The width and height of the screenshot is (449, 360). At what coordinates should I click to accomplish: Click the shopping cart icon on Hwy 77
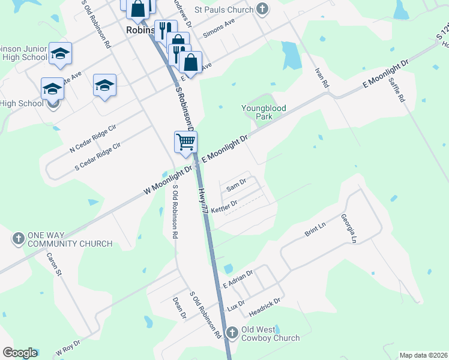(x=186, y=142)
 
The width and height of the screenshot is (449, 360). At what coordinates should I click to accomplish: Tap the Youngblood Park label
(x=264, y=112)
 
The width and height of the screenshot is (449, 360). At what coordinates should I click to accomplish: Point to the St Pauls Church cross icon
(x=262, y=9)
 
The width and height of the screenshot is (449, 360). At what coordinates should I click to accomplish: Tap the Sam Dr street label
(x=237, y=185)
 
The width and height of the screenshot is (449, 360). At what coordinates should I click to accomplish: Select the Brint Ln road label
(x=315, y=229)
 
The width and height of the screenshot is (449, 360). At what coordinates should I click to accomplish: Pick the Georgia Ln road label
(x=349, y=228)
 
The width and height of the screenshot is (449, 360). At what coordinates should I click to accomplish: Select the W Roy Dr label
(x=68, y=346)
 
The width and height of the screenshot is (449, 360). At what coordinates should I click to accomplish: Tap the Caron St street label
(x=55, y=264)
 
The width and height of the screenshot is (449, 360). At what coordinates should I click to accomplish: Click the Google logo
(x=20, y=353)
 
